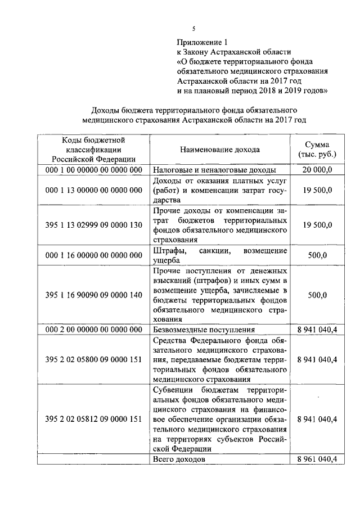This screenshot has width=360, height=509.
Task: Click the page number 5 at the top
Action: click(193, 29)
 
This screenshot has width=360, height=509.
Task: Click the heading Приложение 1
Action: click(204, 42)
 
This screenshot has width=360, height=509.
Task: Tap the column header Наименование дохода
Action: click(220, 150)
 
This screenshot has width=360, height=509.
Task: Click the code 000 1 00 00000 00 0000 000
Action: click(94, 169)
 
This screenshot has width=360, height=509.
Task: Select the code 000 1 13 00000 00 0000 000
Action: click(94, 190)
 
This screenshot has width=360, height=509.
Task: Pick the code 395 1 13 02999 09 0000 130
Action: click(94, 225)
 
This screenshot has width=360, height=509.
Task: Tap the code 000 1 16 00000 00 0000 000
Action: click(94, 255)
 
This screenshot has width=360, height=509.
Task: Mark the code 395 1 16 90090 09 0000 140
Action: click(94, 294)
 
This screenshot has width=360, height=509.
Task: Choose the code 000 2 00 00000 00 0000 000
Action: click(94, 330)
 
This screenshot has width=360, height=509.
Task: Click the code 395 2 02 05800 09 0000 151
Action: click(94, 359)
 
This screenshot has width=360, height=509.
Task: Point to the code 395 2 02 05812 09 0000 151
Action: click(94, 419)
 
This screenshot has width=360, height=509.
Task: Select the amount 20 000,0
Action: click(317, 169)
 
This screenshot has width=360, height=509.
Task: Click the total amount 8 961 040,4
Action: click(317, 460)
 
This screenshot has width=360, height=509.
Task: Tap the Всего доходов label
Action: click(179, 460)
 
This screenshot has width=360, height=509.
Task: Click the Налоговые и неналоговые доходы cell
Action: click(214, 169)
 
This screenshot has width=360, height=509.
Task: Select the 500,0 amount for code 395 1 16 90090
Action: click(317, 294)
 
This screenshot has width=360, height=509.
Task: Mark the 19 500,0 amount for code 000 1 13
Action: click(317, 190)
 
